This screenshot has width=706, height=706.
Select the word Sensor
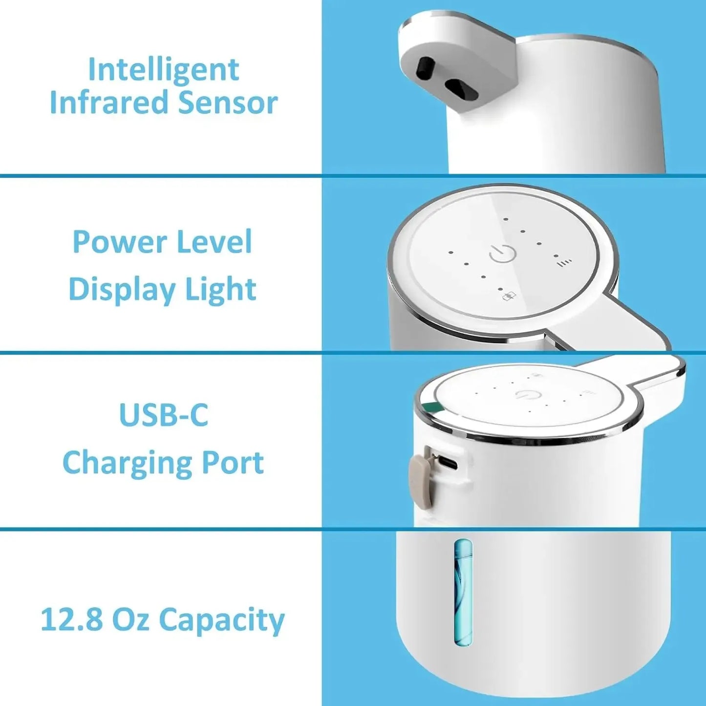point(228,103)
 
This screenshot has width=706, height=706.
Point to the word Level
point(214,242)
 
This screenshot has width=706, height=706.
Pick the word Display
point(120,290)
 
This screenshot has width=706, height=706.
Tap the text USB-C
point(163,415)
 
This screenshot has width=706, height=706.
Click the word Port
point(233,462)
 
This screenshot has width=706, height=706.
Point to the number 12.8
point(71,620)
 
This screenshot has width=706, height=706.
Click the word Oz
point(130,620)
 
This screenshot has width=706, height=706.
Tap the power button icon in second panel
point(503,254)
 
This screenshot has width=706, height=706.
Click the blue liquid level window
point(463,591)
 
